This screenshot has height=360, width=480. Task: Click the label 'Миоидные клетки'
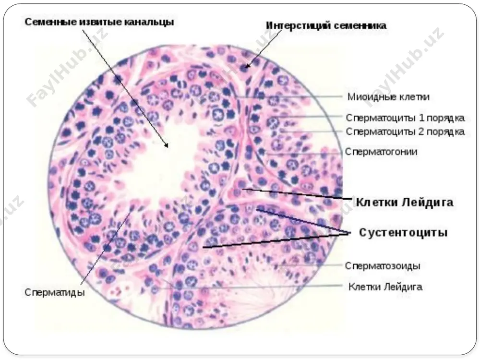(x=388, y=97)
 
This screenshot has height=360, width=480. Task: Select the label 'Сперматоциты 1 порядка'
(x=405, y=118)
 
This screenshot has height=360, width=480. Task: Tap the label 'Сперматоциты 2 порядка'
(x=405, y=132)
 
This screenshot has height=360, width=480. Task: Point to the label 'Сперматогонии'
(x=381, y=152)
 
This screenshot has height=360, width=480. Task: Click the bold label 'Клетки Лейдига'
(x=404, y=203)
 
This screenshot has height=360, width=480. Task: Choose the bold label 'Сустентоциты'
(x=403, y=233)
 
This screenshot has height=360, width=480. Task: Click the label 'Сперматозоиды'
(x=383, y=266)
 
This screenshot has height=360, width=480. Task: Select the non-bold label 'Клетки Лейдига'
(x=385, y=287)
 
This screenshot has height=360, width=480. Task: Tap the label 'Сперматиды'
(x=55, y=292)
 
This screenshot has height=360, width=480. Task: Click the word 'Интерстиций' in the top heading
(x=298, y=26)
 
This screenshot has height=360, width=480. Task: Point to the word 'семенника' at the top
(x=360, y=26)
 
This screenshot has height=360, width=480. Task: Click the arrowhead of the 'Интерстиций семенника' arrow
(x=247, y=65)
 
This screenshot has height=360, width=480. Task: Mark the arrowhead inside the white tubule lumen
(x=166, y=145)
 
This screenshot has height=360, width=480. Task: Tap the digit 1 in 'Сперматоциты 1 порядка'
(x=421, y=118)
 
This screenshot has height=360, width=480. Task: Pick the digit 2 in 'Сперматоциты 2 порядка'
(x=421, y=132)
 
